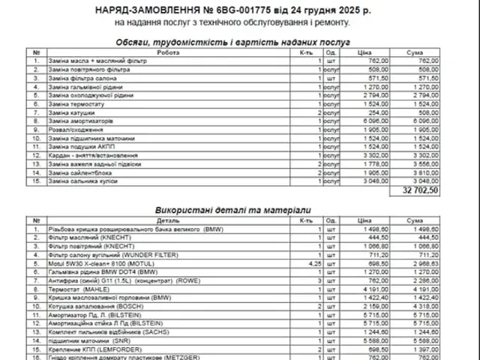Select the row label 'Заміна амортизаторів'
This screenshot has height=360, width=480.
pyautogui.click(x=79, y=121)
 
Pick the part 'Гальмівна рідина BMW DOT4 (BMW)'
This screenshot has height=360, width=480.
pyautogui.click(x=105, y=273)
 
